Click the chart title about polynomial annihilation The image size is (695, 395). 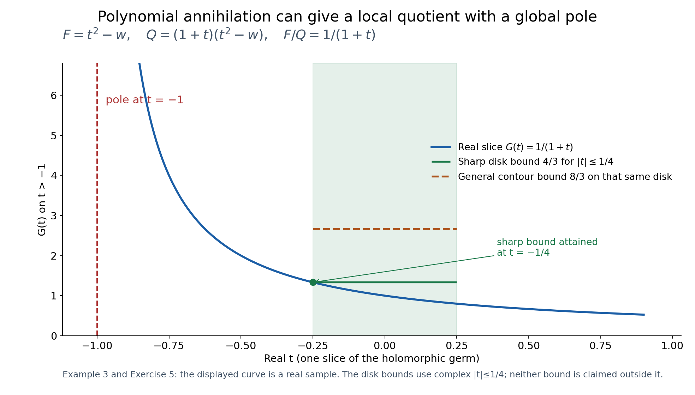(x=347, y=17)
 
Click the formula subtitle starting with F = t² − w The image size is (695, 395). (x=219, y=35)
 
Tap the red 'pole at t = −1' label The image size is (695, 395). (x=144, y=100)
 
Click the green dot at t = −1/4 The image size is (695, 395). (x=313, y=282)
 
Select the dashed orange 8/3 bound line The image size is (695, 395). (x=385, y=229)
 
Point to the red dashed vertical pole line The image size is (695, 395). (x=97, y=200)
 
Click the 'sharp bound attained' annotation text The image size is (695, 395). (x=547, y=247)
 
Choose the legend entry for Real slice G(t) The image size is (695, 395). (x=502, y=147)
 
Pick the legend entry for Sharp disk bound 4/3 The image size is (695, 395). (x=522, y=162)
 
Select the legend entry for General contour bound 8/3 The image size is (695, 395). (x=551, y=177)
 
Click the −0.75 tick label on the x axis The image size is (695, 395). (x=169, y=346)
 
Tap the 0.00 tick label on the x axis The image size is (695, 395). (x=385, y=346)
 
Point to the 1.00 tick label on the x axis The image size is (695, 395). (x=672, y=346)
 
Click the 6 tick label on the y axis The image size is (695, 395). (x=54, y=96)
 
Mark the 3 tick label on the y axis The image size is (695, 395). (x=54, y=216)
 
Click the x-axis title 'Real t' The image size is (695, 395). (x=372, y=359)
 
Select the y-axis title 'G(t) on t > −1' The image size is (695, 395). (x=42, y=200)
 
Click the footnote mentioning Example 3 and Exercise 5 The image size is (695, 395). (x=363, y=375)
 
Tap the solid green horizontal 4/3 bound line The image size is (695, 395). (x=385, y=282)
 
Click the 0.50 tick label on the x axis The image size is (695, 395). (x=528, y=346)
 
